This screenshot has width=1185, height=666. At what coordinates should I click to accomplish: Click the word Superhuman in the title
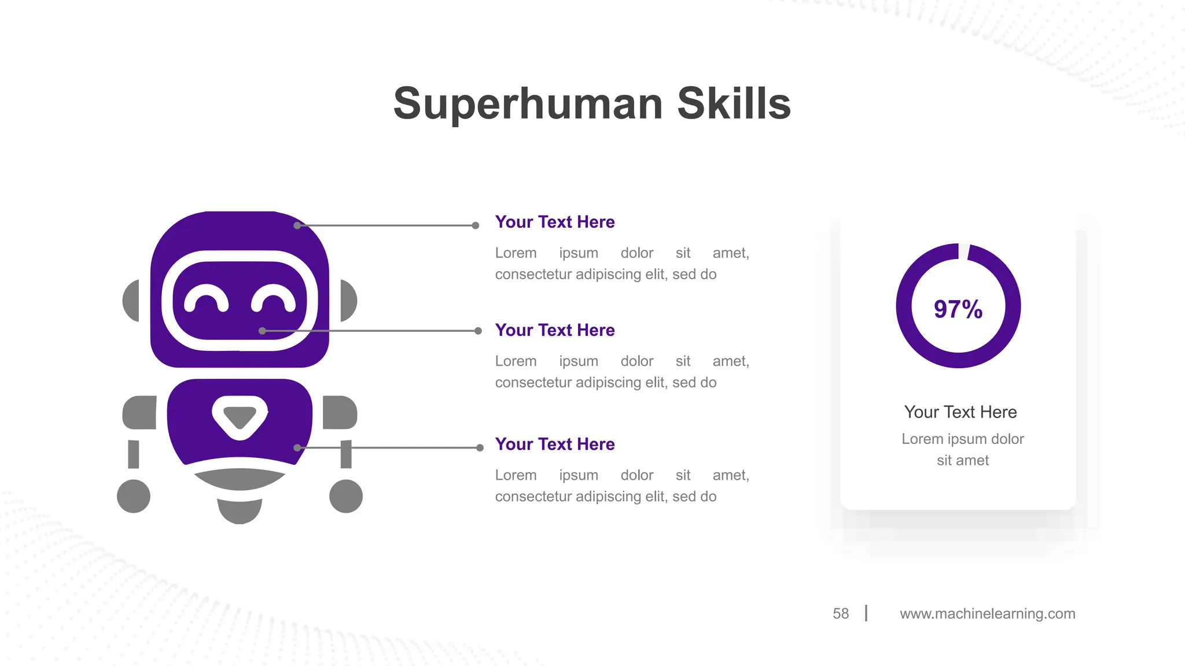pos(528,104)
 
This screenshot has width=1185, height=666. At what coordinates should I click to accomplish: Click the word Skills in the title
pos(734,104)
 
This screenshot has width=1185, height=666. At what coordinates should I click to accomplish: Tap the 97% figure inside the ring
pos(958,309)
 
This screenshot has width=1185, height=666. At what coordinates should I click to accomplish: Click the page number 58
pos(841,613)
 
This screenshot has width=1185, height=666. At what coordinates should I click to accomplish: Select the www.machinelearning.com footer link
pos(987,613)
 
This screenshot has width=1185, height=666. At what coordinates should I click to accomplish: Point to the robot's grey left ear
pos(131,301)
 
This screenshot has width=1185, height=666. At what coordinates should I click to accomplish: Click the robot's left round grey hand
pos(134,496)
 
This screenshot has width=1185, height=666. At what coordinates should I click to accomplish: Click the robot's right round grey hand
pos(346,496)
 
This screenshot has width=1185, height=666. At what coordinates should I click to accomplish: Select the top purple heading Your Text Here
pos(555,222)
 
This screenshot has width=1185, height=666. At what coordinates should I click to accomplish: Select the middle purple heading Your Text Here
pos(555,330)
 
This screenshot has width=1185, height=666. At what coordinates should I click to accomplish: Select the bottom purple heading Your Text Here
pos(555,444)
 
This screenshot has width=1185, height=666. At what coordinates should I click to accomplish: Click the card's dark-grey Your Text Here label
pos(960,412)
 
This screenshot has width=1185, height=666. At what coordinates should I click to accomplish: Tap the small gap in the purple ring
pos(964,251)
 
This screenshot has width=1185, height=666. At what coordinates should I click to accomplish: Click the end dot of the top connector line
pos(476,225)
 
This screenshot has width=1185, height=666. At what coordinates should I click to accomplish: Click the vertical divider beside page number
pos(866,613)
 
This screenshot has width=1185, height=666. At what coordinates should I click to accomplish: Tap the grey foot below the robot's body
pos(240,510)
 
